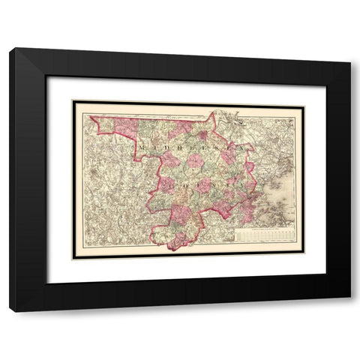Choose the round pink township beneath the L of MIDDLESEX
tap(196, 160)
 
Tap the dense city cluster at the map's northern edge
tap(225, 116)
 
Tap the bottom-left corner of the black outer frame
tap(10, 311)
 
